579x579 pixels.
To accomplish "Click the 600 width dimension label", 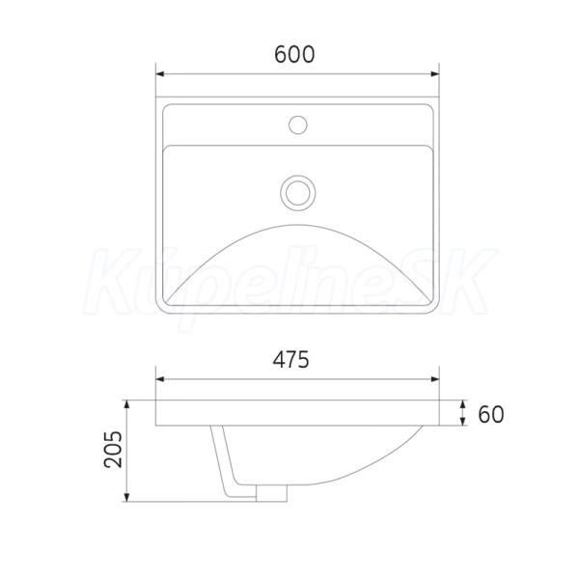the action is (x=294, y=55).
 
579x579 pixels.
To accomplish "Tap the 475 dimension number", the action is (x=290, y=360).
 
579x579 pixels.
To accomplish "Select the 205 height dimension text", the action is (x=113, y=450).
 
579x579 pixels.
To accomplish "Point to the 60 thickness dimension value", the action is (x=491, y=414).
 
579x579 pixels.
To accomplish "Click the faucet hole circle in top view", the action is (x=298, y=124).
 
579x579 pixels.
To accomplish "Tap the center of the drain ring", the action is (x=297, y=193).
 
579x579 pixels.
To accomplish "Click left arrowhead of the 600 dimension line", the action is (x=160, y=74).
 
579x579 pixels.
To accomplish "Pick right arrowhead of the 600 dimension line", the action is (x=435, y=74).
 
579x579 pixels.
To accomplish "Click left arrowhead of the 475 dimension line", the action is (x=160, y=379).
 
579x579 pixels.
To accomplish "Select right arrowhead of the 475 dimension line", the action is (x=435, y=379).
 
